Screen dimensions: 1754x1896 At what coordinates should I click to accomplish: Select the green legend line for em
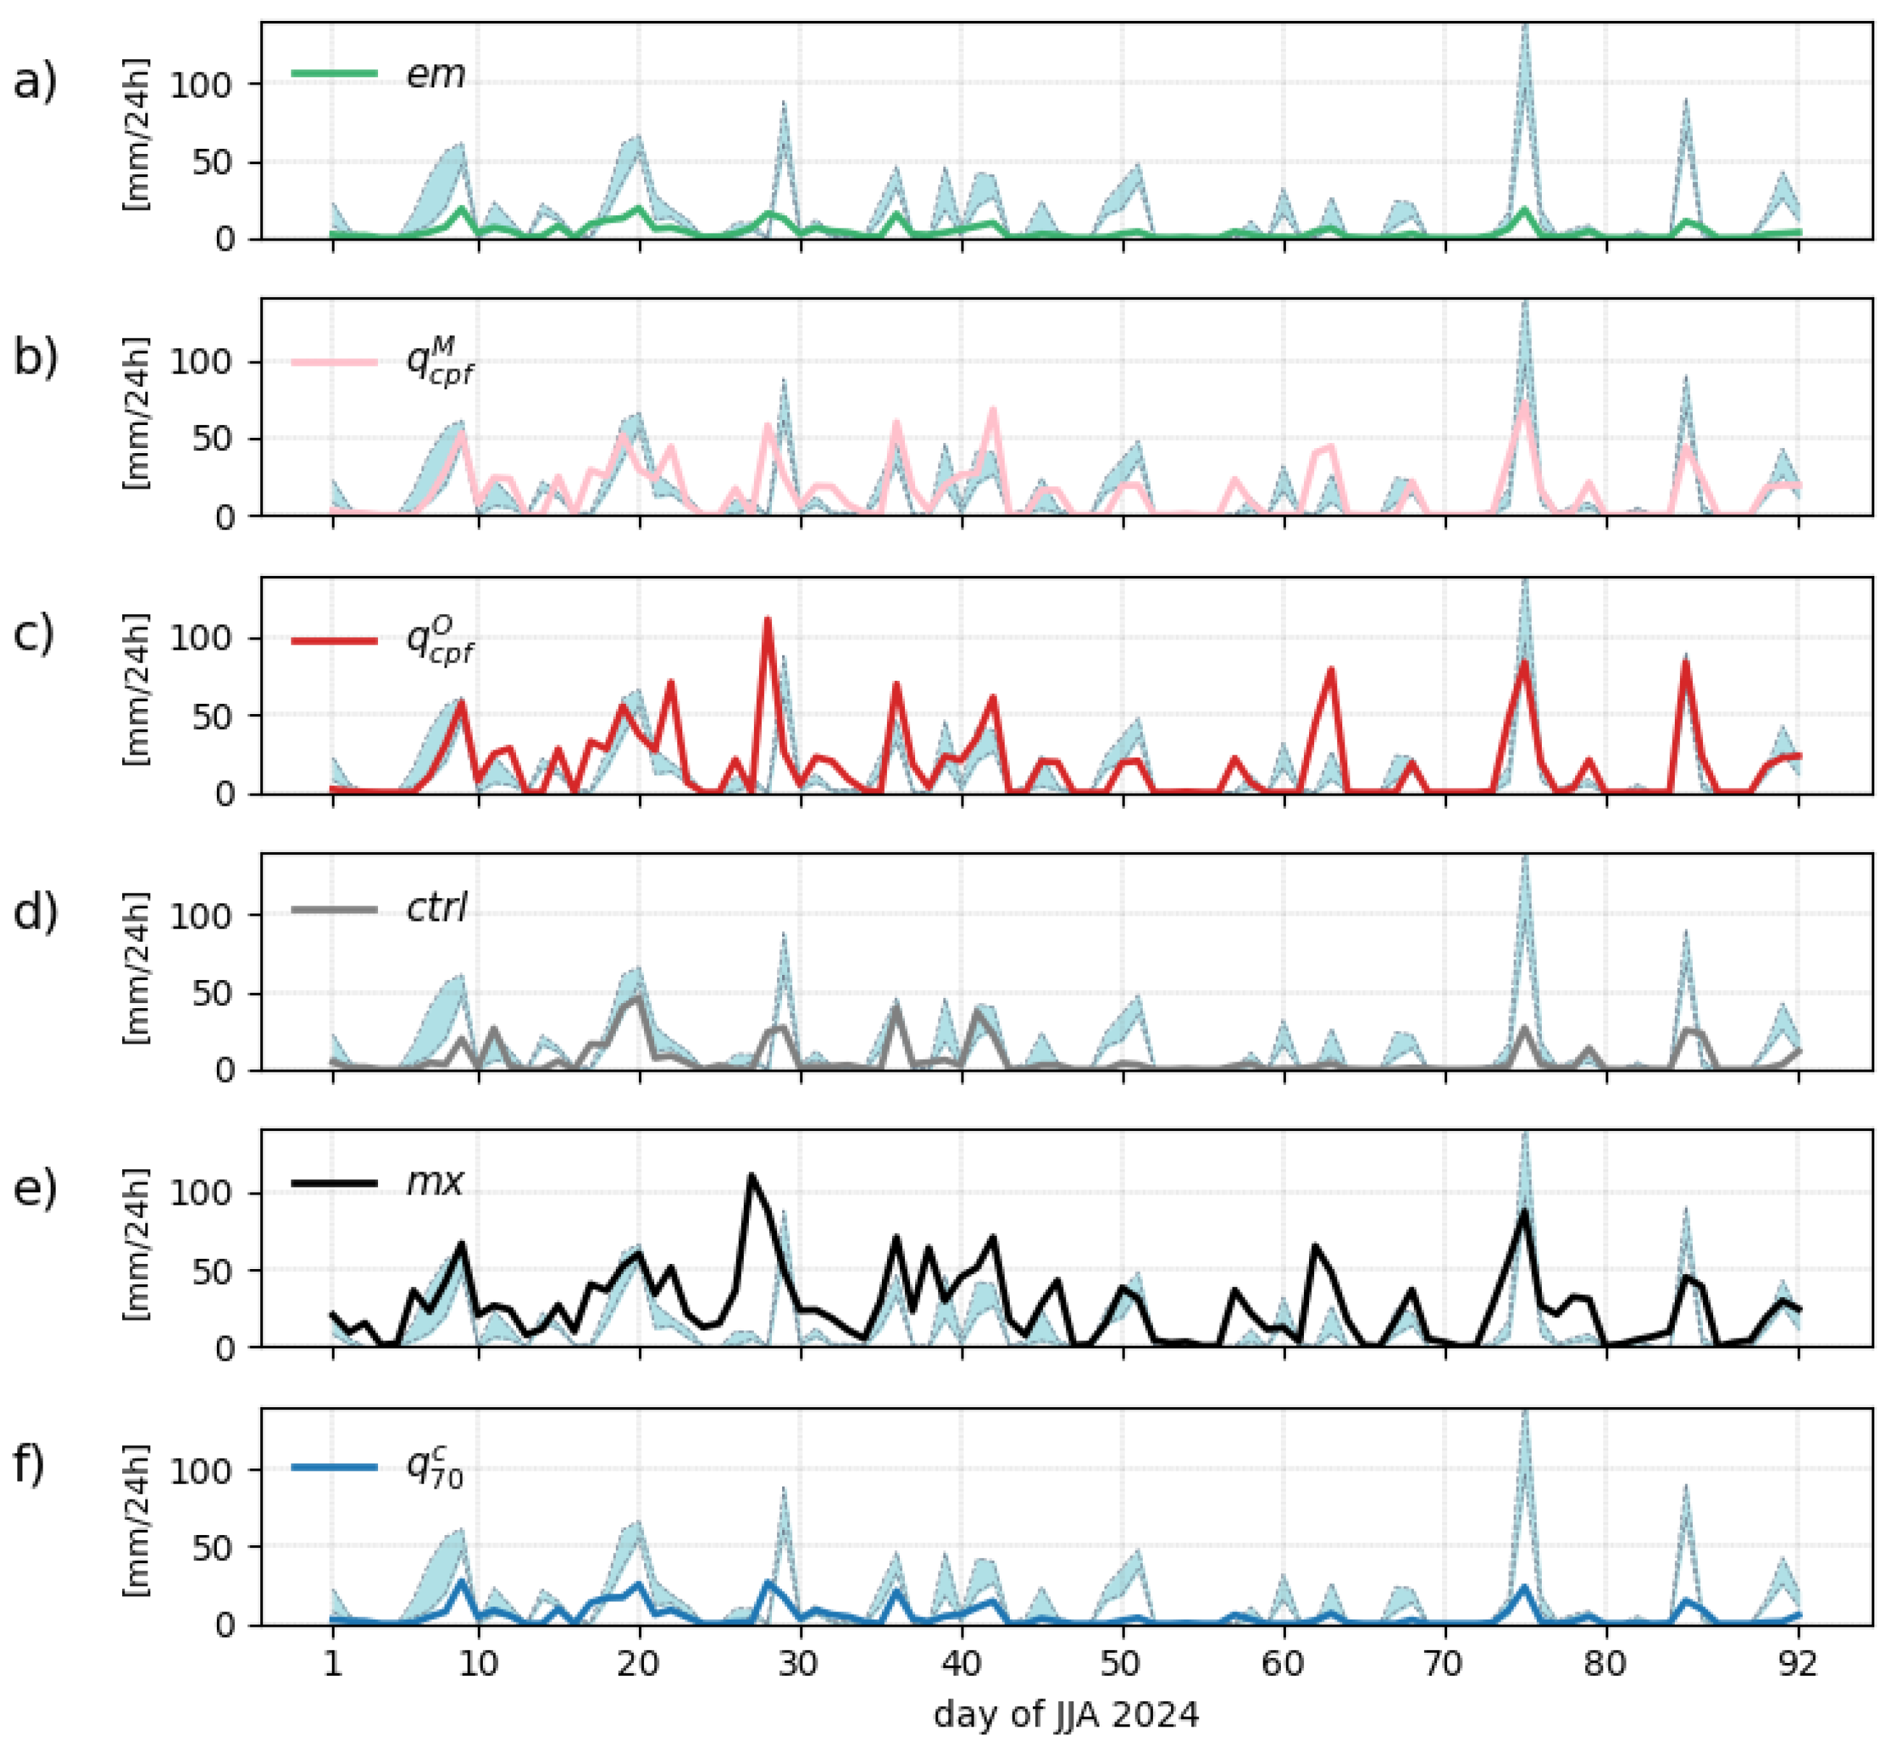[334, 73]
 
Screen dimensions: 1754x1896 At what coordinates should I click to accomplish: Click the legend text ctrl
[437, 908]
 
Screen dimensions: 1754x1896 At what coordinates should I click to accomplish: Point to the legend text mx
[435, 1182]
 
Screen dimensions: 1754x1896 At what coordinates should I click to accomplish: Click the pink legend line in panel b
[334, 361]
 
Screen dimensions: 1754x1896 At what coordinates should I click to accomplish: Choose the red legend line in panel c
[334, 639]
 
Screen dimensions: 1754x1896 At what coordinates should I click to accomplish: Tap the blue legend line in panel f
[334, 1466]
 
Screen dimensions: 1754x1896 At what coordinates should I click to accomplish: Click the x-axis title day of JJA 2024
[1065, 1714]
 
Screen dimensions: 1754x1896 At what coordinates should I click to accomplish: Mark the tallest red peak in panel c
[767, 620]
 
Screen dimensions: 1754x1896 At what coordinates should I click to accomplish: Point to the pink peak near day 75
[1524, 403]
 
